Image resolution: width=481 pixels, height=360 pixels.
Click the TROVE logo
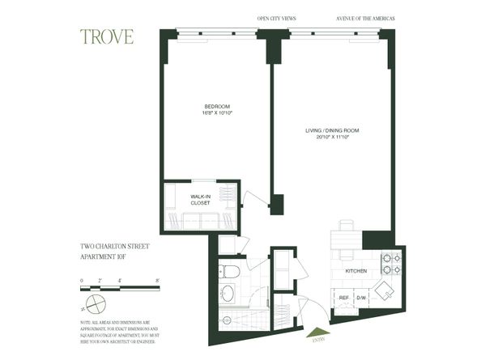pyautogui.click(x=107, y=37)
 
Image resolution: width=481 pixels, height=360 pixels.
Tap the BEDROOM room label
pyautogui.click(x=216, y=107)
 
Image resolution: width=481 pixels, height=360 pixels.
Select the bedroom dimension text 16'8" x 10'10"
pyautogui.click(x=216, y=114)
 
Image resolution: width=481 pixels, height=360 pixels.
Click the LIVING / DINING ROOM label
pyautogui.click(x=331, y=129)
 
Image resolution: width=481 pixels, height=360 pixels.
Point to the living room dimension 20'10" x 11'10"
pyautogui.click(x=331, y=137)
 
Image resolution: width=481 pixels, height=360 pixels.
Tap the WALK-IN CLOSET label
pyautogui.click(x=200, y=200)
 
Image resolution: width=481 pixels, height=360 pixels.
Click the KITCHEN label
pyautogui.click(x=356, y=272)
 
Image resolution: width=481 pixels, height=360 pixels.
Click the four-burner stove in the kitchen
pyautogui.click(x=391, y=264)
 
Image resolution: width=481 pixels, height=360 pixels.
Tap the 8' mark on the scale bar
pyautogui.click(x=158, y=279)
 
